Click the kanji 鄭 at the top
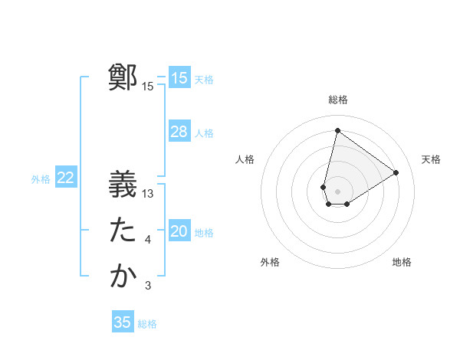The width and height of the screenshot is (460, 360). (x=123, y=77)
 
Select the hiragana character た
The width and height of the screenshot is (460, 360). (x=123, y=230)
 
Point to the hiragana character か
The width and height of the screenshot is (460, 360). (x=123, y=276)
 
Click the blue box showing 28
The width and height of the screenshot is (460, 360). (x=179, y=132)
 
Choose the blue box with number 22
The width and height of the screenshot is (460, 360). (x=65, y=178)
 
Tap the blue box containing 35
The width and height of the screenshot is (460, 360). (x=123, y=322)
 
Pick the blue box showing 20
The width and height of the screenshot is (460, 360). (x=179, y=231)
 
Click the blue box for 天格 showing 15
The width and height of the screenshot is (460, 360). (x=179, y=78)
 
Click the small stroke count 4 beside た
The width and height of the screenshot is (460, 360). (x=148, y=241)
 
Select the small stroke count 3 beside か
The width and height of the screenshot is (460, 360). (x=148, y=286)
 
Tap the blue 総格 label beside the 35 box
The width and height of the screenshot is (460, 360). (x=148, y=324)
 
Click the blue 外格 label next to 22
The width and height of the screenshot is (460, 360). (x=41, y=179)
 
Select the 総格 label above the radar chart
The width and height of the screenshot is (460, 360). (x=338, y=100)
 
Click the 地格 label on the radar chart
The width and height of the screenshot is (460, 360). (x=402, y=262)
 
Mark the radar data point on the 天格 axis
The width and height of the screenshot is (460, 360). (x=396, y=172)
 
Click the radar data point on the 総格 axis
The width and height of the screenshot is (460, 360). (x=337, y=130)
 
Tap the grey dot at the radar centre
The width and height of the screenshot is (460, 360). (x=337, y=191)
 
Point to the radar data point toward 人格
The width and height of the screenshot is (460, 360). (x=324, y=187)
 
